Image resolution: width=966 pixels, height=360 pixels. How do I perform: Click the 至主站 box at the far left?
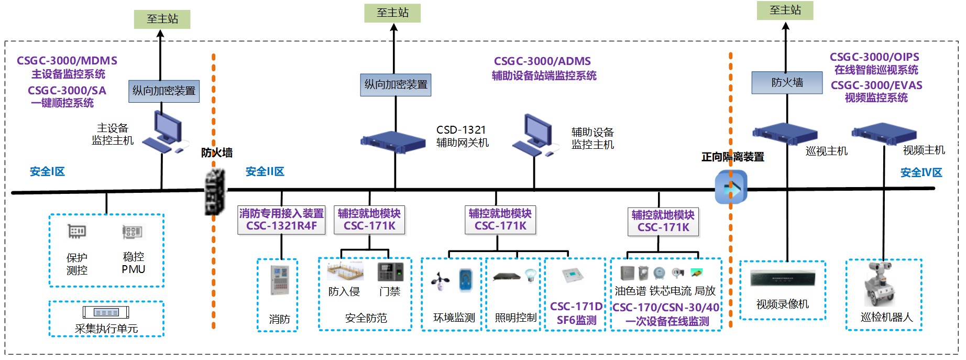162,19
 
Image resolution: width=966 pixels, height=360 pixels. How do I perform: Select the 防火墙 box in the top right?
787,83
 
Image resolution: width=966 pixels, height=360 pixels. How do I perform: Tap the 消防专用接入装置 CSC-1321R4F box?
281,220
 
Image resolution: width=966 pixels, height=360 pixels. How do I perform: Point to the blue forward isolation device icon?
731,188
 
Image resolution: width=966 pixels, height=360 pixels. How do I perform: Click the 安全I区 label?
47,171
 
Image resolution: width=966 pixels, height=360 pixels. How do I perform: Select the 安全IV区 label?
921,172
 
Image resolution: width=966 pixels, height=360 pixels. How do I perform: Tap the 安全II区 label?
265,171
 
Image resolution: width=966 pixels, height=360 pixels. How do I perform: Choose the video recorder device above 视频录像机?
783,278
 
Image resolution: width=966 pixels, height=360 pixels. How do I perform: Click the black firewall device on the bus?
215,191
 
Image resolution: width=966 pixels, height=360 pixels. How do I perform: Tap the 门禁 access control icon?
390,271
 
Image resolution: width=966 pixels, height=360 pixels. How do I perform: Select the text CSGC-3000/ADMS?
542,61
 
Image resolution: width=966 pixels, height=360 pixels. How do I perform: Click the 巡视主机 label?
826,151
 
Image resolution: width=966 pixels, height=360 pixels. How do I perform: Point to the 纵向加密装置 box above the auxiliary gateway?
396,85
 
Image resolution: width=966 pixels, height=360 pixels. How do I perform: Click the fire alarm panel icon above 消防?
279,280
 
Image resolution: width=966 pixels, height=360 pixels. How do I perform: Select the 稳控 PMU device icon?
132,232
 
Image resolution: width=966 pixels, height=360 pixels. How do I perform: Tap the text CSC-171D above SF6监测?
576,307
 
